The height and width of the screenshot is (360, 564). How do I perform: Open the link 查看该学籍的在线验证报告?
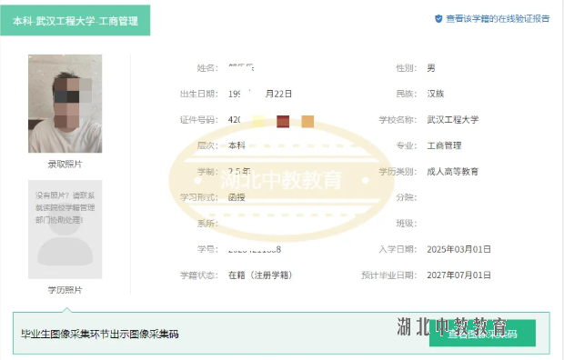click(497, 18)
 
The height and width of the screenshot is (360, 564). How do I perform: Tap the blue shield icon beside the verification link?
click(438, 18)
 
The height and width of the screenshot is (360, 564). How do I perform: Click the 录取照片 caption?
click(65, 165)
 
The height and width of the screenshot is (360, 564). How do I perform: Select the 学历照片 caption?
click(65, 290)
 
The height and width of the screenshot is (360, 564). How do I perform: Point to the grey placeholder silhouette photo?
click(65, 232)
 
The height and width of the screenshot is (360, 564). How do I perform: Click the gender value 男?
click(431, 68)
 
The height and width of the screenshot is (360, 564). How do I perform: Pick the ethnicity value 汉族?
click(436, 94)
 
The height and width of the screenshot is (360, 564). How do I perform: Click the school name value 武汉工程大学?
click(452, 119)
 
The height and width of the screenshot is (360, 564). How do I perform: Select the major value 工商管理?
click(444, 145)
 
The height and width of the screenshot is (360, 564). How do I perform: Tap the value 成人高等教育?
click(452, 171)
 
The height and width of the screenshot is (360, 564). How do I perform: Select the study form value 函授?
click(237, 196)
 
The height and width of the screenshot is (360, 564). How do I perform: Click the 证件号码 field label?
click(199, 120)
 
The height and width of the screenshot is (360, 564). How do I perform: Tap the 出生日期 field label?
click(199, 94)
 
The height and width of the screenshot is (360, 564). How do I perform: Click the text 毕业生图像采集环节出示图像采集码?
click(100, 334)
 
